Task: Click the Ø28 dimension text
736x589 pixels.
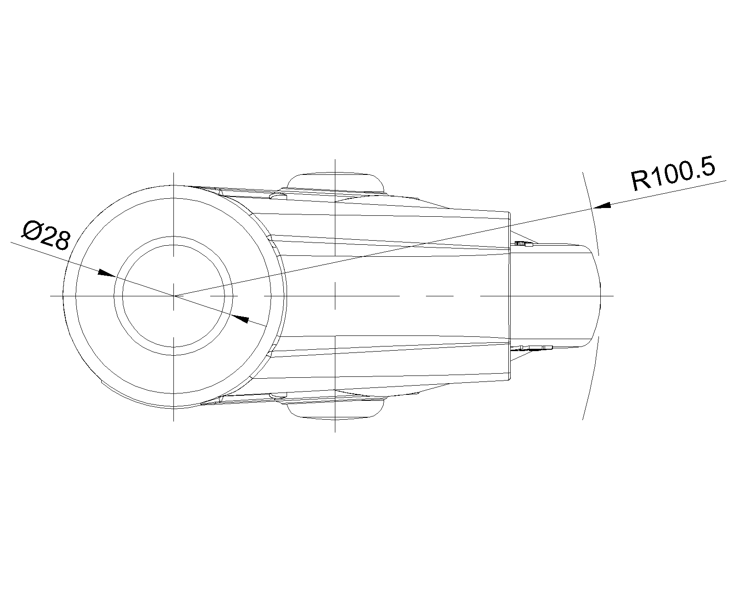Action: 46,236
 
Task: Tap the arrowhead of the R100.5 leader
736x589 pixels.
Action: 602,206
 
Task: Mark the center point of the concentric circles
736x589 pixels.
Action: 174,296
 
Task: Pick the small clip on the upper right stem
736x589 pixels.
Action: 523,244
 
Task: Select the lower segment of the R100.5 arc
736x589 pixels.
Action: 592,378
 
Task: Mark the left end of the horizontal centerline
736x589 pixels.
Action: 50,296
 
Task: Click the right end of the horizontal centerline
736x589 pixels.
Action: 614,296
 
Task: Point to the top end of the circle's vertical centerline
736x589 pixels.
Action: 174,173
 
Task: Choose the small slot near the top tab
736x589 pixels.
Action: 278,196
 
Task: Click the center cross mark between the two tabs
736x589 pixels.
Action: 335,296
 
